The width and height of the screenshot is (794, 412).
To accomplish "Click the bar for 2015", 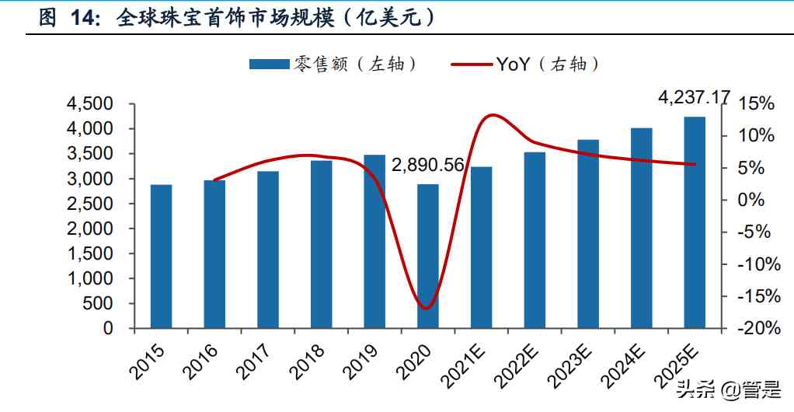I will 161,257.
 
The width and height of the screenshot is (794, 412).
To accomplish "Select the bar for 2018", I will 321,244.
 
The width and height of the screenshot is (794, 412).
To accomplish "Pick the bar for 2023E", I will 588,234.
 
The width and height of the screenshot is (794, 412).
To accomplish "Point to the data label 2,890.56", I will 427,166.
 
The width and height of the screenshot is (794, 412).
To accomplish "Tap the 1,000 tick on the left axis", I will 92,279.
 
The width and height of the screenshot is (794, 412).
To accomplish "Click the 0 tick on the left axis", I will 108,329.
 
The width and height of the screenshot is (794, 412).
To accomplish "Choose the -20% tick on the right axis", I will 754,329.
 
